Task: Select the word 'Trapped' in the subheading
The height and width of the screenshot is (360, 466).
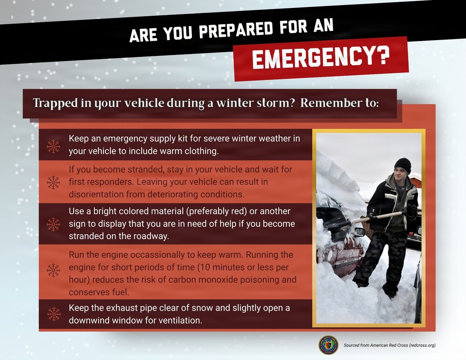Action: tap(52, 103)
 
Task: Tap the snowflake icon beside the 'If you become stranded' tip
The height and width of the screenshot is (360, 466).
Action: tap(54, 182)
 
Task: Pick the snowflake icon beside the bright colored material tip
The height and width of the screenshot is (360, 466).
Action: tap(54, 224)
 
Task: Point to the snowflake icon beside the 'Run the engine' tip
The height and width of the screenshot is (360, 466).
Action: tap(54, 270)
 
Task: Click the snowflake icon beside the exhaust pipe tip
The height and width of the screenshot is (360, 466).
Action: tap(54, 314)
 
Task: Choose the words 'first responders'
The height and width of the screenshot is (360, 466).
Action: tap(99, 182)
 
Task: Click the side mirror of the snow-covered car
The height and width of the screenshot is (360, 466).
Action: tap(359, 232)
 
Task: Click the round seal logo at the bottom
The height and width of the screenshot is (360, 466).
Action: tap(328, 345)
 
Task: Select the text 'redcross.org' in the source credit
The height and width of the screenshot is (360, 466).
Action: tap(419, 346)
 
